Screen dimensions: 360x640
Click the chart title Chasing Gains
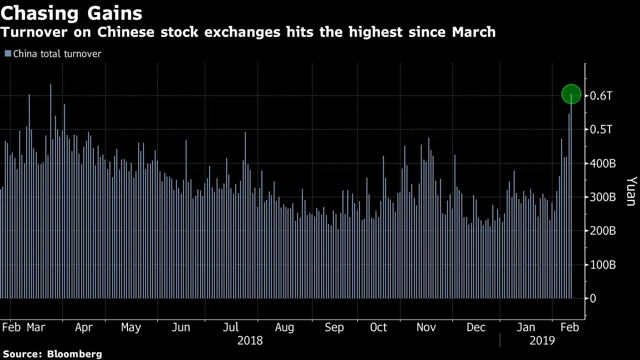click(x=71, y=12)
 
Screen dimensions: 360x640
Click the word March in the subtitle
click(x=469, y=33)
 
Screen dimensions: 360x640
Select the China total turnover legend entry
click(x=57, y=54)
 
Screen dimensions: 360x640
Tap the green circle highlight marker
click(x=571, y=94)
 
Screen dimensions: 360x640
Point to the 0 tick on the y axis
click(x=593, y=299)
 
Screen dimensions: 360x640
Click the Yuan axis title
click(x=630, y=191)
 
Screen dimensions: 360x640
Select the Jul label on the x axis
click(x=230, y=327)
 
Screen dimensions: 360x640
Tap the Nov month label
click(x=426, y=327)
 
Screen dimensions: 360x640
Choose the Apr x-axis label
click(x=84, y=327)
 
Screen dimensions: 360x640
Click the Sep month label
click(x=334, y=327)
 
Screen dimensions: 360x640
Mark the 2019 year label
click(x=542, y=341)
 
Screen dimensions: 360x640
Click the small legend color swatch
click(x=7, y=54)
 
